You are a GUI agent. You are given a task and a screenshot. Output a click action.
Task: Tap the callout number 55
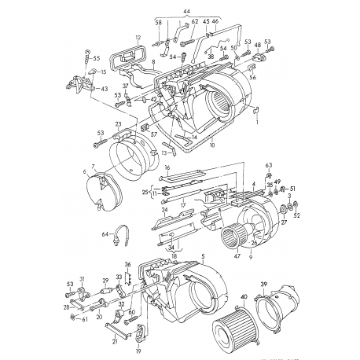tap(97, 58)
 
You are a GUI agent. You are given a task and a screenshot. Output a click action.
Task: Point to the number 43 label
tap(105, 89)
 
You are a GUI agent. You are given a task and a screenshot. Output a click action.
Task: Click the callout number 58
tap(158, 24)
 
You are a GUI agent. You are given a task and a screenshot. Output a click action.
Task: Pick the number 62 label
tap(194, 22)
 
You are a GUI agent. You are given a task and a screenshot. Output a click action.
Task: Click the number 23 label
tap(117, 123)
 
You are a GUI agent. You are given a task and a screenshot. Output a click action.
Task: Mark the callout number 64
tap(104, 234)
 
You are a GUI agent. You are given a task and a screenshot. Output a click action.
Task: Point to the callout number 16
tap(167, 167)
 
